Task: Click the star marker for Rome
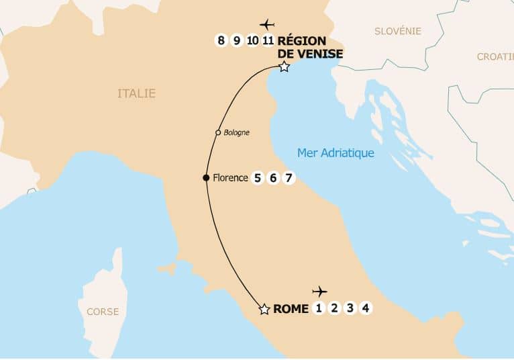(264, 309)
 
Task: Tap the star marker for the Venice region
(284, 66)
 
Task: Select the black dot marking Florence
(206, 178)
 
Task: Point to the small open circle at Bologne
(218, 132)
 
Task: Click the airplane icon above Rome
(319, 291)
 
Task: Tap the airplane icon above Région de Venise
(267, 25)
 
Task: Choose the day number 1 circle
(318, 308)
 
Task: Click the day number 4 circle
(365, 308)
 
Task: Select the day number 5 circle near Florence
(257, 178)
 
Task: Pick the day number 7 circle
(289, 178)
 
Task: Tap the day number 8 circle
(221, 40)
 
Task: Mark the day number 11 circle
(268, 40)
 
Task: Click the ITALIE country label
(136, 93)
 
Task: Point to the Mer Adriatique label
(336, 153)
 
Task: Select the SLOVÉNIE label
(398, 31)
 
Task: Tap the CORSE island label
(103, 312)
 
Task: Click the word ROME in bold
(291, 309)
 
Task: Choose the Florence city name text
(230, 178)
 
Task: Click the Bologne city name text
(236, 132)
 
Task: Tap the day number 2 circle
(333, 308)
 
